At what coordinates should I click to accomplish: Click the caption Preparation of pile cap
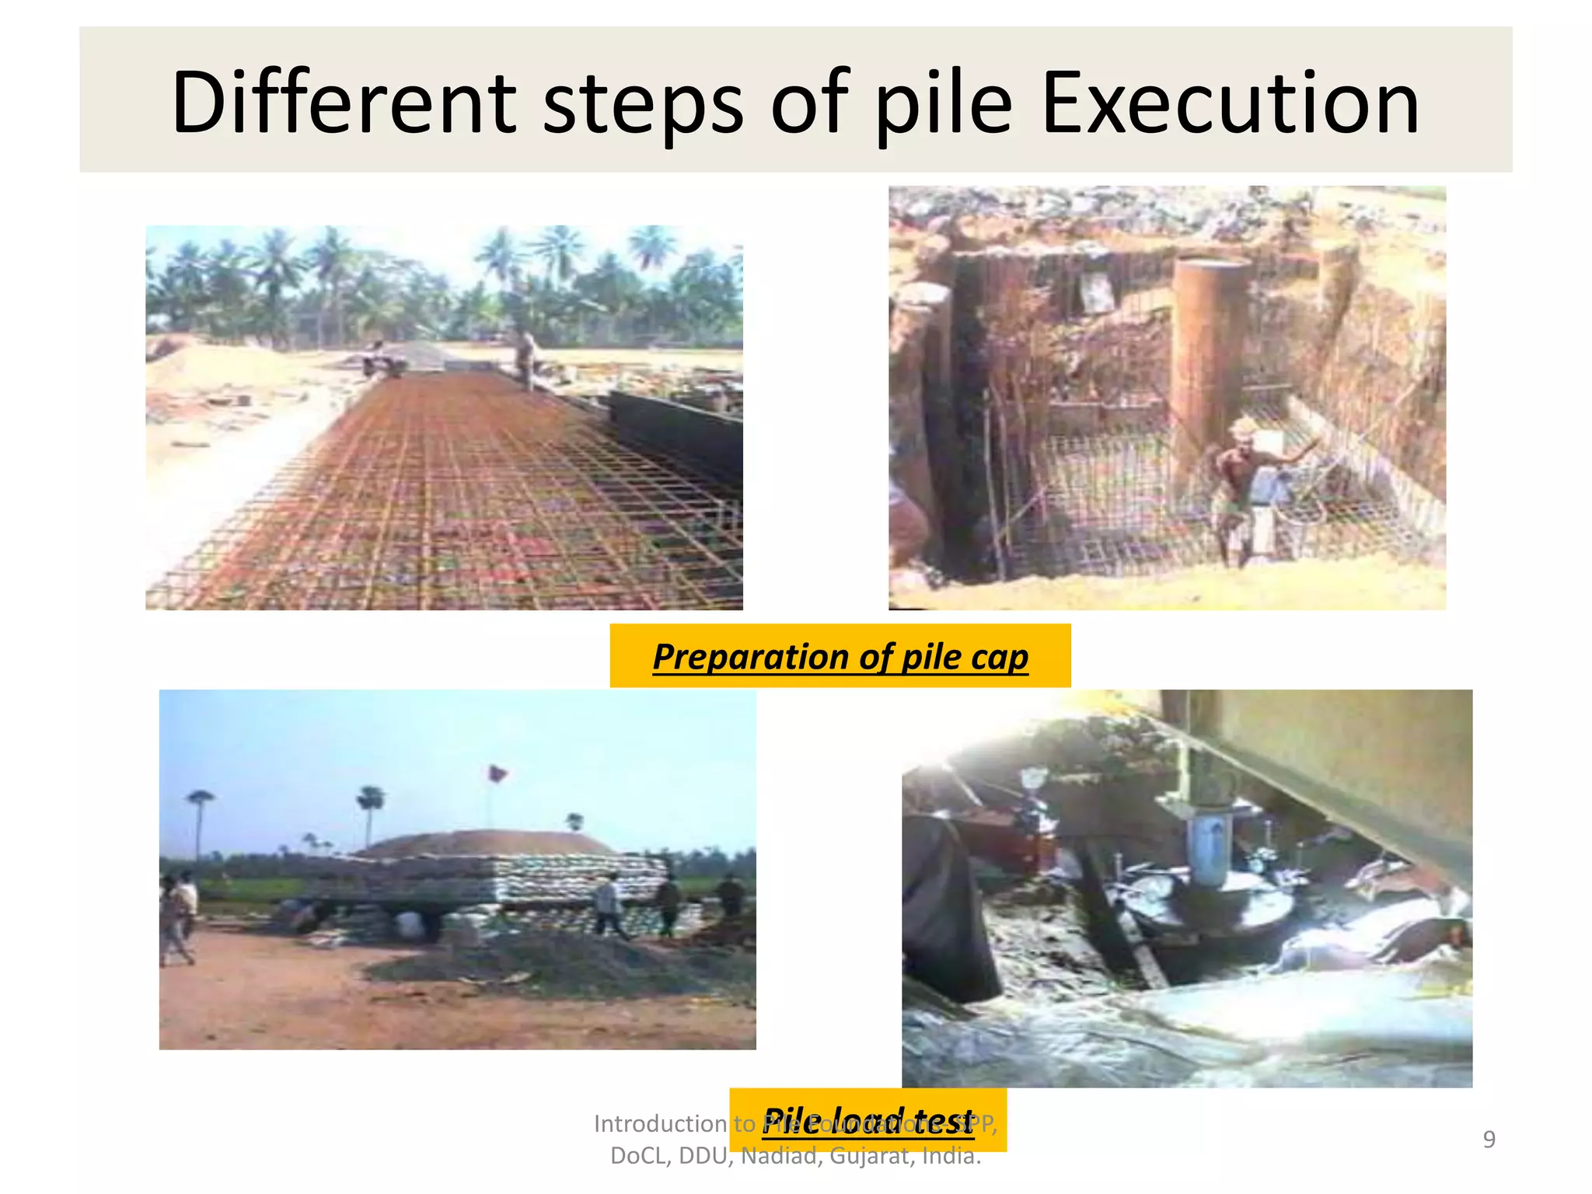(840, 657)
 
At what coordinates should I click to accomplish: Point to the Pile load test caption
(868, 1120)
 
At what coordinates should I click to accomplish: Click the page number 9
(1489, 1140)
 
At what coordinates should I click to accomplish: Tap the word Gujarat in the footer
(871, 1157)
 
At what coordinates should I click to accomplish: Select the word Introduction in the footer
(660, 1124)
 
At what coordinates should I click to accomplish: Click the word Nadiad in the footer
(780, 1157)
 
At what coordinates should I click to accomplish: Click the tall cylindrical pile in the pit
(1207, 365)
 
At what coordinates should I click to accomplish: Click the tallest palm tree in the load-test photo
(200, 824)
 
